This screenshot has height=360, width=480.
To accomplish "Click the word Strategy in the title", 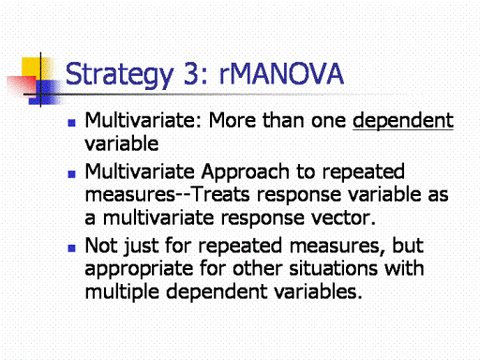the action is click(x=119, y=75).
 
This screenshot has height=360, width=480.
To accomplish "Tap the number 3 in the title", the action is click(x=191, y=73).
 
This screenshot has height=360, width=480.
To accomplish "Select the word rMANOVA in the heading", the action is click(x=281, y=73).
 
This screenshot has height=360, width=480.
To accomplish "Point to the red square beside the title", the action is click(x=22, y=85).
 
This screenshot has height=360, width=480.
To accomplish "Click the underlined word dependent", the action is click(x=403, y=121).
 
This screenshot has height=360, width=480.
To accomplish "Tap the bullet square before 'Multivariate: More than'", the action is click(x=71, y=123).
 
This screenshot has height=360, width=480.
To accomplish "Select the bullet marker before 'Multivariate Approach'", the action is click(x=71, y=174).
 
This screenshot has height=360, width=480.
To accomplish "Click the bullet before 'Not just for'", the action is click(x=71, y=248).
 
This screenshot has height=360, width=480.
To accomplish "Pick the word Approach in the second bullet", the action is click(x=246, y=172).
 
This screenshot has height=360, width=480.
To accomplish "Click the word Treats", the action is click(x=219, y=194).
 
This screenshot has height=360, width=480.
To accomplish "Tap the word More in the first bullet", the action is click(x=232, y=120).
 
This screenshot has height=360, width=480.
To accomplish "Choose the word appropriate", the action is click(x=139, y=269).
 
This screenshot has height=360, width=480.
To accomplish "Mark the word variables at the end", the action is click(x=318, y=292).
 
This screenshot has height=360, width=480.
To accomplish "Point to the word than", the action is click(x=283, y=120).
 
